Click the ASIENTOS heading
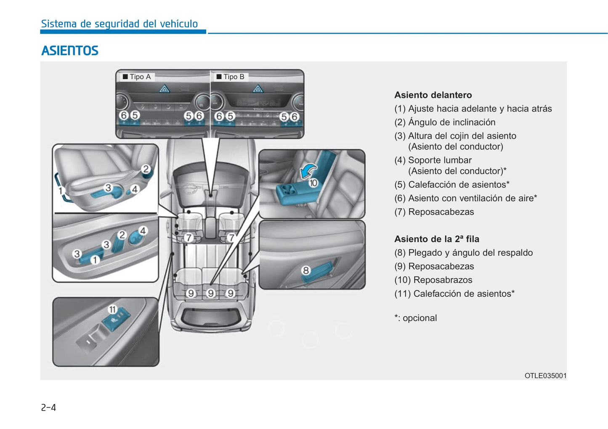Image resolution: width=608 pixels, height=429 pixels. (x=69, y=51)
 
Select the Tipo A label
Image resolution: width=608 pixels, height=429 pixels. (x=140, y=77)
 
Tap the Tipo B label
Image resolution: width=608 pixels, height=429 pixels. (x=234, y=77)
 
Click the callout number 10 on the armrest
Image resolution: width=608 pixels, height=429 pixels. (x=313, y=183)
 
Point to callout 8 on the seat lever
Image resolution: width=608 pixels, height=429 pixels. (x=306, y=271)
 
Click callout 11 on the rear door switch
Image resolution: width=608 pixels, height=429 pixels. (x=112, y=309)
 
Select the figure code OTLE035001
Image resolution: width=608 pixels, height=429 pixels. (x=545, y=376)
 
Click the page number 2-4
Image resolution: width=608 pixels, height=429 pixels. (x=48, y=407)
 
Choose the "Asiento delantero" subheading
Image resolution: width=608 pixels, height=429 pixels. (x=433, y=95)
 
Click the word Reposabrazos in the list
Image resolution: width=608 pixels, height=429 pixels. (x=443, y=280)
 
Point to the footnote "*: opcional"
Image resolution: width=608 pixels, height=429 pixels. (x=416, y=318)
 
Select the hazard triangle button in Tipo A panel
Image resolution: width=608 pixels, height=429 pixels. (x=164, y=89)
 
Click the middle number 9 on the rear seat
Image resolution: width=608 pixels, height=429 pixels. (x=211, y=293)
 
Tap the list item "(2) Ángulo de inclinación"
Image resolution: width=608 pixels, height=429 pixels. (x=445, y=123)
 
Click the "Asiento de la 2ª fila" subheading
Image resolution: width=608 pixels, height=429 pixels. (x=437, y=239)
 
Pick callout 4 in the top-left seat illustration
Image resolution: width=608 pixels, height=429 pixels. (x=135, y=189)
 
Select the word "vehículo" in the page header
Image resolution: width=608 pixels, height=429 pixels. (x=179, y=24)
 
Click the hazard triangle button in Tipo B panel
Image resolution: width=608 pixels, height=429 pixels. (x=258, y=89)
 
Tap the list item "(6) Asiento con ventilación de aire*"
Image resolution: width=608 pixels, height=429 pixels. (x=465, y=198)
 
